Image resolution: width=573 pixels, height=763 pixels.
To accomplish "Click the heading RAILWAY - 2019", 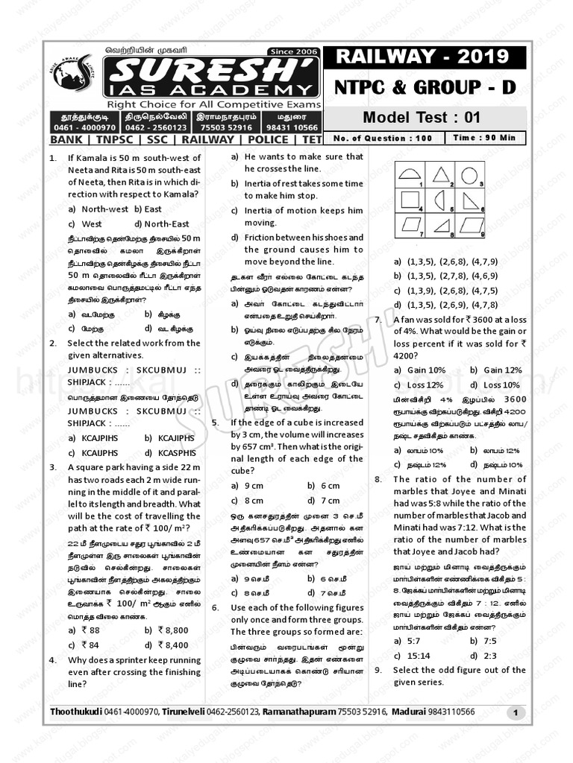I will (422, 57).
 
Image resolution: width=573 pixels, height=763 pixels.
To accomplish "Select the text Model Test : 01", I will (422, 117).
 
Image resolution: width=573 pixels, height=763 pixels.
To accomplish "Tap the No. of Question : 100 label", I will (383, 138).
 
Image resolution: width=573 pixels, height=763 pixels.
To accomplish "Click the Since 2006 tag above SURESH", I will (294, 51).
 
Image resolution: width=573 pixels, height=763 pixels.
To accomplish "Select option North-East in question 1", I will (166, 224).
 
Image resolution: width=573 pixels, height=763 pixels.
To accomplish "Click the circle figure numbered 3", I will (469, 176).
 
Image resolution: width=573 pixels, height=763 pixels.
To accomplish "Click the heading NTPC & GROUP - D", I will (422, 87).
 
